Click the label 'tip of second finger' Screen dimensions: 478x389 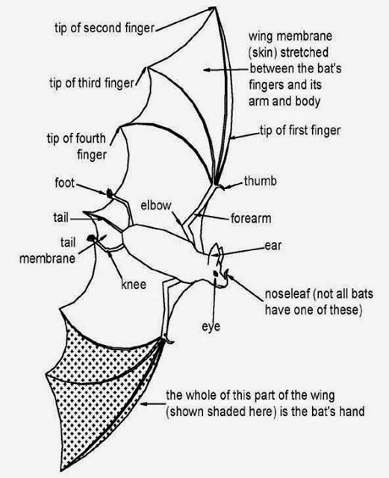[104, 28]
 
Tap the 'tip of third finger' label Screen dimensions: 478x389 [91, 83]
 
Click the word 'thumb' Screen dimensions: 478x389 [260, 181]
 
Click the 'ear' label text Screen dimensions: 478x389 [272, 245]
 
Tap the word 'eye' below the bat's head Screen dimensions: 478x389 [211, 327]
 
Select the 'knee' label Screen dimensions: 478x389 [133, 285]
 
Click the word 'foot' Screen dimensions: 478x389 [64, 182]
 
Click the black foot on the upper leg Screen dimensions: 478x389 [110, 193]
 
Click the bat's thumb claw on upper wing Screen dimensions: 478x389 [218, 180]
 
